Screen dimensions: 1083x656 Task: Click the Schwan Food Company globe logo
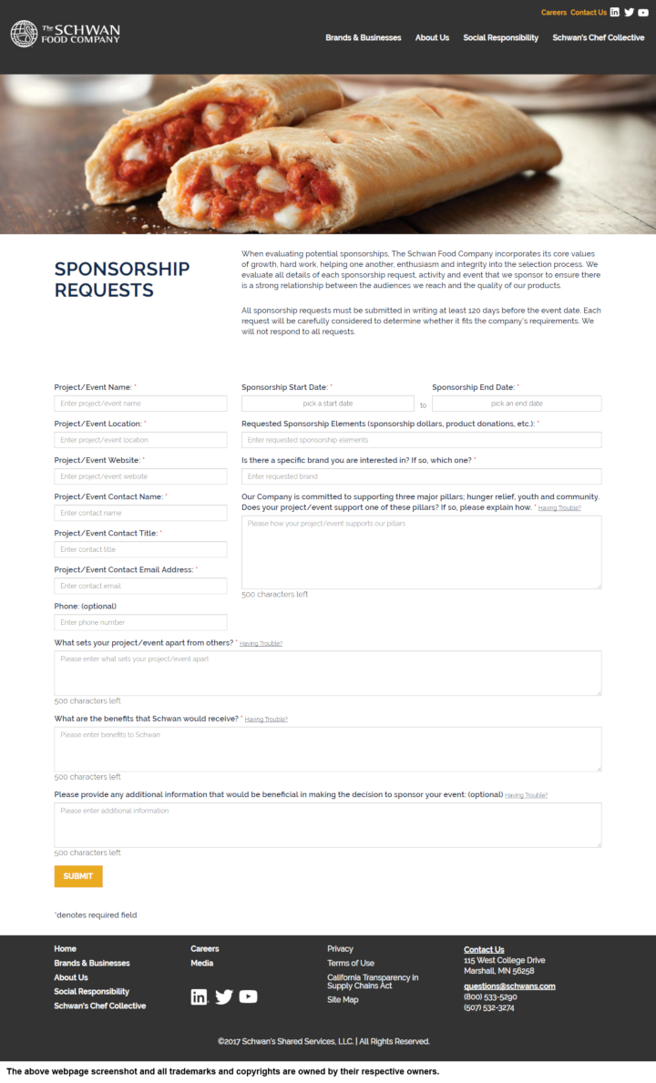point(24,34)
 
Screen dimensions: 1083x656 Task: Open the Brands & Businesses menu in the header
point(363,37)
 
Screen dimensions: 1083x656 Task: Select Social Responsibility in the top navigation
point(500,37)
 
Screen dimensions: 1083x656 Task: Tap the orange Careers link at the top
point(553,13)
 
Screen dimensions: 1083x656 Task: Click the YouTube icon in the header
point(644,12)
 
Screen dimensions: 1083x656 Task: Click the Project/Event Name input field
point(140,404)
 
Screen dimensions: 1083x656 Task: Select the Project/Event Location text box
point(140,440)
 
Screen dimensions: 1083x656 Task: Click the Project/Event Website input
point(140,476)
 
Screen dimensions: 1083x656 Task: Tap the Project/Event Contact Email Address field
point(140,586)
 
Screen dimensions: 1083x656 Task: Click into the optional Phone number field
point(140,622)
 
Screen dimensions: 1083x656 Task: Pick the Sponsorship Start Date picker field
point(327,404)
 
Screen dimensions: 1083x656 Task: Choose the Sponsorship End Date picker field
point(517,404)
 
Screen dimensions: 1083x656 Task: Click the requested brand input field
point(421,476)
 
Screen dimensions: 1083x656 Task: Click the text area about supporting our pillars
point(421,552)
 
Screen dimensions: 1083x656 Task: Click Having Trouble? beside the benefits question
point(266,720)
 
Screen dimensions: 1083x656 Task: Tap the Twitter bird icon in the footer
point(224,996)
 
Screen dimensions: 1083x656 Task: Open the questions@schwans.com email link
point(509,986)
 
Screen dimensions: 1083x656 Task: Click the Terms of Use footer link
point(351,963)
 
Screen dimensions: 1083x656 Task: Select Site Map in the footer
point(343,1000)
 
